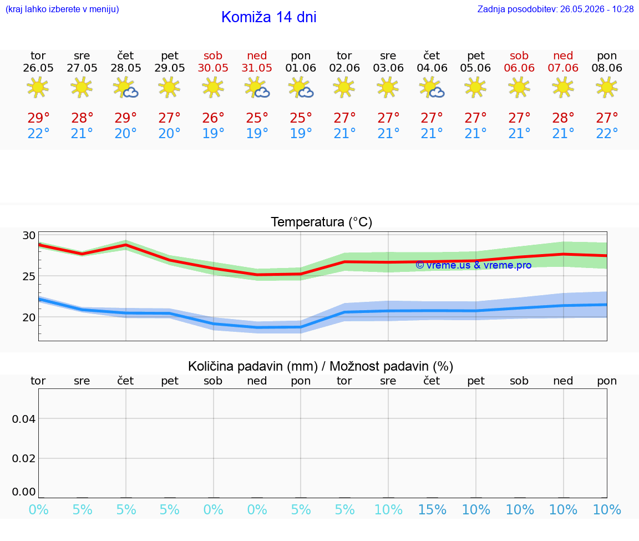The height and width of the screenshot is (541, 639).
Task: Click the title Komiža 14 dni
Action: click(268, 17)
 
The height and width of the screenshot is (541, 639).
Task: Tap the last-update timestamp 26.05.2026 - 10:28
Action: click(597, 9)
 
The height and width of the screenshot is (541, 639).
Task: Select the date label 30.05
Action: click(213, 68)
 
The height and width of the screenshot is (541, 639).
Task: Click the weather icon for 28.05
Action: click(125, 88)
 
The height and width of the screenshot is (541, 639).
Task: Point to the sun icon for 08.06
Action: click(607, 87)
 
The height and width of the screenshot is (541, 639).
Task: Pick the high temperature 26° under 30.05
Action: click(213, 118)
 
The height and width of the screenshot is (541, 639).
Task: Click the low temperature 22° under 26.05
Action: click(38, 133)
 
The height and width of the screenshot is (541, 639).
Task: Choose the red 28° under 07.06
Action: click(563, 118)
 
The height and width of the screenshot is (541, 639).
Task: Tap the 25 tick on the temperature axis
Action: click(29, 276)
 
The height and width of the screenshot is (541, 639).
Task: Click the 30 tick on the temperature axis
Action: click(29, 236)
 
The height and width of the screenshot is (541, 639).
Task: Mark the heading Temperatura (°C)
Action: click(322, 222)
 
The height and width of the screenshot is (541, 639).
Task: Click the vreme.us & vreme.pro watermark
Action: click(474, 265)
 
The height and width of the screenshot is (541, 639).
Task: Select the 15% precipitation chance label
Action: click(433, 510)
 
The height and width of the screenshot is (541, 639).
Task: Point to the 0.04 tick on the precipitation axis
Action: click(24, 419)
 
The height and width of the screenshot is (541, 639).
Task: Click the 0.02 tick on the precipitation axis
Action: click(24, 459)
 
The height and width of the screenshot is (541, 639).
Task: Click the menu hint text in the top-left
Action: click(62, 9)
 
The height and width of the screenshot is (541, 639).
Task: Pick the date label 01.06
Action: click(301, 68)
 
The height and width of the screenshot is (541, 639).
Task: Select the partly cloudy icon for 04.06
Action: click(432, 88)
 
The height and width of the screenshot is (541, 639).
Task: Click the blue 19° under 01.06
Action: click(301, 133)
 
